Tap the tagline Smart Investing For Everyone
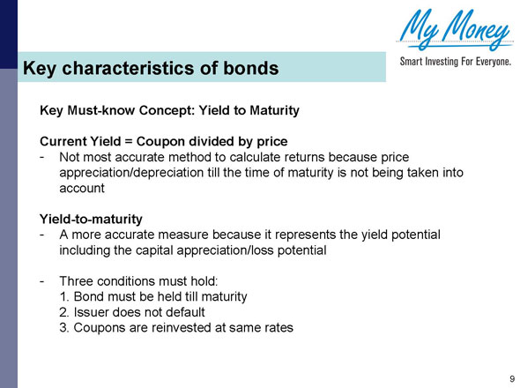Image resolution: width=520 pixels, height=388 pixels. pos(456,64)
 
